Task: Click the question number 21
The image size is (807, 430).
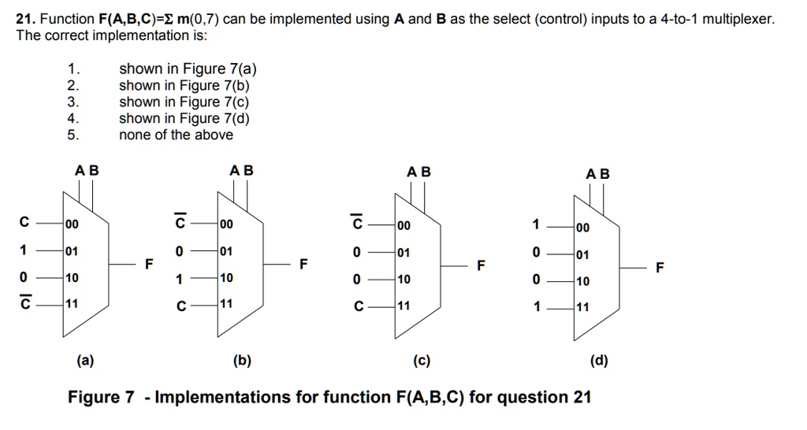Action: (x=25, y=19)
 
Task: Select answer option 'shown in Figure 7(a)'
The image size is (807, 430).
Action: (x=188, y=69)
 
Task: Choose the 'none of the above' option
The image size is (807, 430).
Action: (x=176, y=135)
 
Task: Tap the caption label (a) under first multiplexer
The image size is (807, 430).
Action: (x=84, y=361)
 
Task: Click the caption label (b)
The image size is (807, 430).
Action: (x=242, y=361)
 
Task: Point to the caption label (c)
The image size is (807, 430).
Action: (x=421, y=361)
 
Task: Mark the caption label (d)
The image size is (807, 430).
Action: (x=599, y=361)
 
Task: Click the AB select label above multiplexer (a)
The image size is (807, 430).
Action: (x=87, y=170)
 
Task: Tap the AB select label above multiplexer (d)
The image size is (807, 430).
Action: (x=598, y=173)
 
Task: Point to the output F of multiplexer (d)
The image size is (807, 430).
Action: (x=660, y=267)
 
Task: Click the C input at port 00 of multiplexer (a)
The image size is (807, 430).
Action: (x=24, y=224)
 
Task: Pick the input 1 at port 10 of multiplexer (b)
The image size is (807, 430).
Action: (x=180, y=278)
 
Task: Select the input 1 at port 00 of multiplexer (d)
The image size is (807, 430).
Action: (x=537, y=226)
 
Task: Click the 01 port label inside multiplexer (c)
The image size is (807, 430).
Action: (x=404, y=252)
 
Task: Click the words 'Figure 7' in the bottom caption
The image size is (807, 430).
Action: (x=101, y=397)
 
